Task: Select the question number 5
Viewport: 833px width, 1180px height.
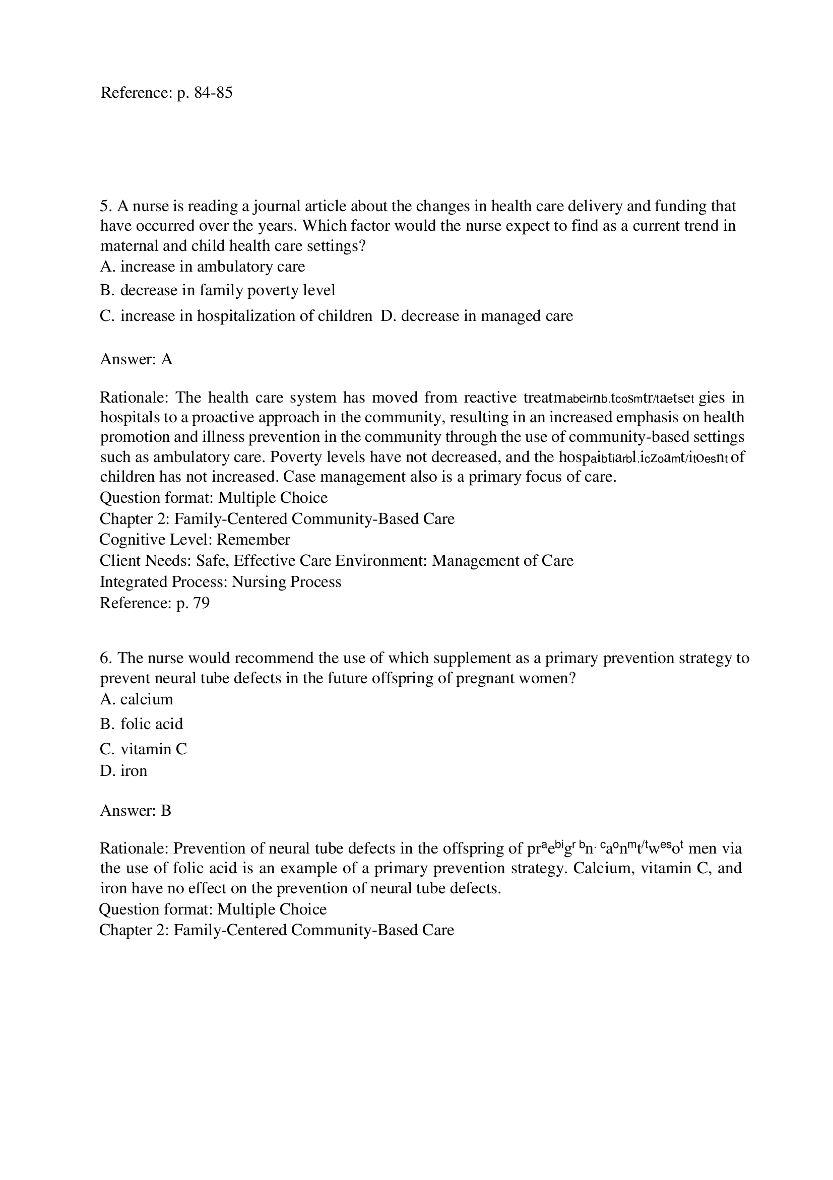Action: (x=106, y=206)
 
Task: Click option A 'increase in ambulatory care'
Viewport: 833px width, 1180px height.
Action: (x=203, y=266)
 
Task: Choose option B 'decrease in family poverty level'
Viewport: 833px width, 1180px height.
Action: (x=217, y=290)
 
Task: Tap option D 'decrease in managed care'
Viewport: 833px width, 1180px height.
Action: (x=476, y=315)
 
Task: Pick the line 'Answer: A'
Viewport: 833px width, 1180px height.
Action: (x=136, y=359)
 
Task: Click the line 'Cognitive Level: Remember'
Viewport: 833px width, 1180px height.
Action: (x=195, y=540)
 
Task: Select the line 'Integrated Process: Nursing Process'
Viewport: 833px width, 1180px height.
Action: (x=220, y=582)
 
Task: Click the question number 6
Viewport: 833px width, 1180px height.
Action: (x=106, y=659)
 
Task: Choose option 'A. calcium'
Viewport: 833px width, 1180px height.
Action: (x=137, y=699)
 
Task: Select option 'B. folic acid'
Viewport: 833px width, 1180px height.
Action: (x=141, y=724)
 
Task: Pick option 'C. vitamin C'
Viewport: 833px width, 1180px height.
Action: (x=144, y=749)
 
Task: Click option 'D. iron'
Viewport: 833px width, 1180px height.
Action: (x=123, y=771)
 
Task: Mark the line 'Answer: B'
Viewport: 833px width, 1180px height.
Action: (x=136, y=811)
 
